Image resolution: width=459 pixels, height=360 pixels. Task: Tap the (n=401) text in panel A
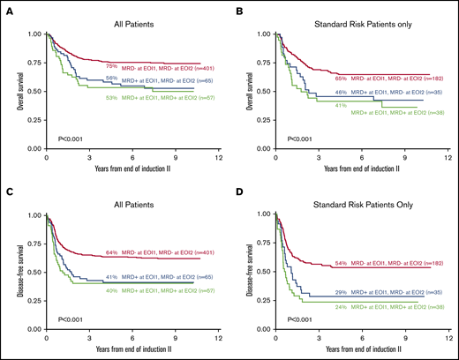(200, 66)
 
